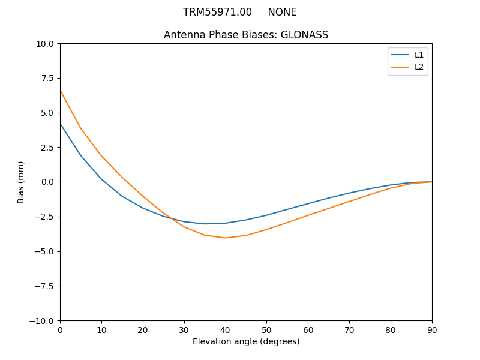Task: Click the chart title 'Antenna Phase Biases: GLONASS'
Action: pos(246,35)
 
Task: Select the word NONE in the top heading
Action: pos(282,12)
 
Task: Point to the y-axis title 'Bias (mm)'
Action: pos(21,182)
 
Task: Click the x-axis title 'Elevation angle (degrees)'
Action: pos(246,342)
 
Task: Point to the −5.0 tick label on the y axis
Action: pos(46,251)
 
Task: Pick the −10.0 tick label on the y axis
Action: pos(43,320)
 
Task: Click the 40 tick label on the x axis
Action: pos(226,330)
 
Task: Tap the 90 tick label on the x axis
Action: pos(432,330)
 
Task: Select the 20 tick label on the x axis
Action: pos(143,330)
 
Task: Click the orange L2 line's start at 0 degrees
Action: pos(60,90)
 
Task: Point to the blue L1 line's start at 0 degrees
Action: pos(60,124)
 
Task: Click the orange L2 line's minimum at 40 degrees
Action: pos(226,238)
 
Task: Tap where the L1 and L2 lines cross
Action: pos(170,218)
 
